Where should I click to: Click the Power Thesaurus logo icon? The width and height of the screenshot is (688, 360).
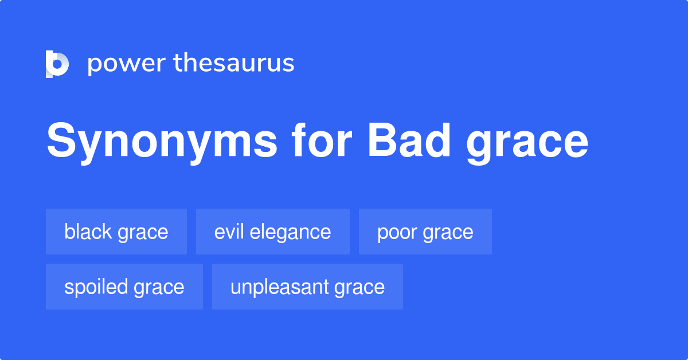coord(57,64)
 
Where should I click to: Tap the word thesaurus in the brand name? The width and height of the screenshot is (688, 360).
coord(234,63)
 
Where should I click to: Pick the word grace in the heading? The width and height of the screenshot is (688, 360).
coord(527,143)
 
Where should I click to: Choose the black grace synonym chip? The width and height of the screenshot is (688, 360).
coord(116,232)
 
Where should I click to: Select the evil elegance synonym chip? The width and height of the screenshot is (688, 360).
coord(272,232)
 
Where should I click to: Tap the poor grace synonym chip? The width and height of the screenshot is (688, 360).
coord(425,232)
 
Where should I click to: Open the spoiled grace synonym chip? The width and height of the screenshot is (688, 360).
coord(124,287)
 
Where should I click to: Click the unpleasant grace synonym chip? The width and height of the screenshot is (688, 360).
coord(307,287)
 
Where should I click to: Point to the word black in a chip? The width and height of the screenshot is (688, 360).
coord(88,232)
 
